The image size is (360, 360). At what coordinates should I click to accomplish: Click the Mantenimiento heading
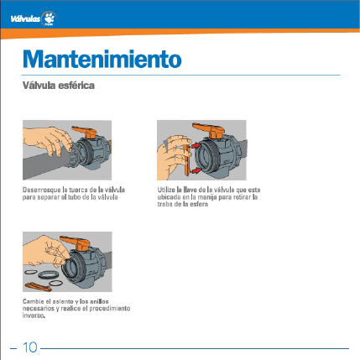pyautogui.click(x=102, y=59)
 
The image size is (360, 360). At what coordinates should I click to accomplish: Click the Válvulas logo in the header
pyautogui.click(x=34, y=18)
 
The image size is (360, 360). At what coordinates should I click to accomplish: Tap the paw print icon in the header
pyautogui.click(x=50, y=18)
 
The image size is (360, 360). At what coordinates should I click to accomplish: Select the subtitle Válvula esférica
pyautogui.click(x=59, y=86)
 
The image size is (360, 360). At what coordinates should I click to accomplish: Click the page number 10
pyautogui.click(x=29, y=347)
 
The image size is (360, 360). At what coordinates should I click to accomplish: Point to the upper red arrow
pyautogui.click(x=196, y=145)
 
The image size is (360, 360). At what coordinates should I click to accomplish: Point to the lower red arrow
pyautogui.click(x=196, y=170)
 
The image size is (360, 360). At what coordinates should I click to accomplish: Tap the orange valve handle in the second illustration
pyautogui.click(x=209, y=129)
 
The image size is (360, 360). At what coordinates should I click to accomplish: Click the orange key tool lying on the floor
pyautogui.click(x=39, y=287)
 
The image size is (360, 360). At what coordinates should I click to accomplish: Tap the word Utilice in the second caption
pyautogui.click(x=166, y=190)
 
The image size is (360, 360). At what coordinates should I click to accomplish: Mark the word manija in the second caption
pyautogui.click(x=207, y=197)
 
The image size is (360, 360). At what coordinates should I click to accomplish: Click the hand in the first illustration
pyautogui.click(x=48, y=141)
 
